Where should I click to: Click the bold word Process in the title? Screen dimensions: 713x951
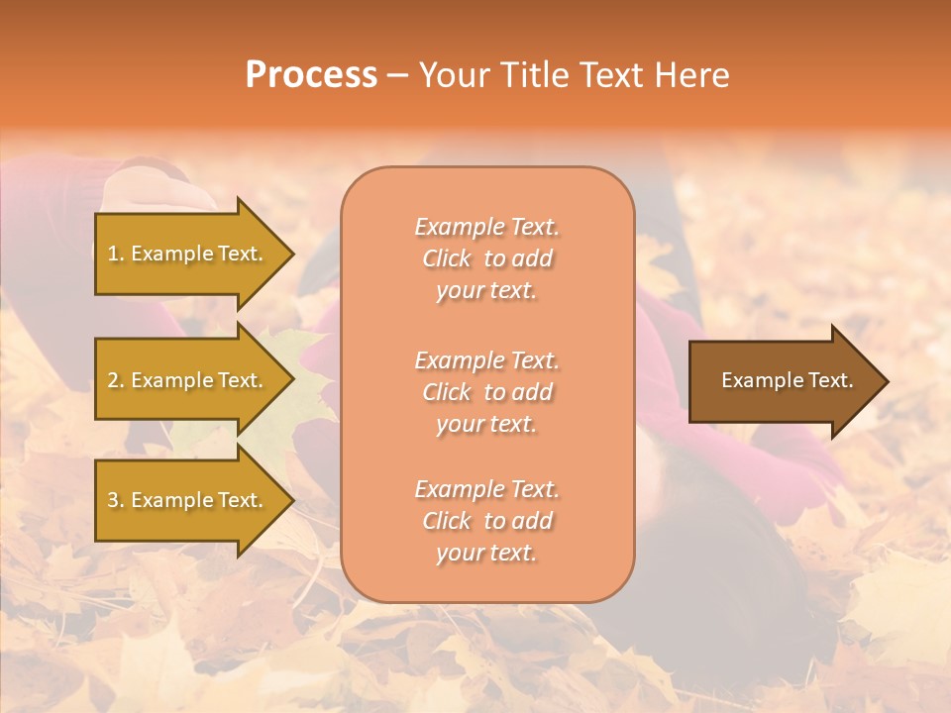click(311, 75)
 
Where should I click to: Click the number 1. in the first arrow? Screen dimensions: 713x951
click(115, 254)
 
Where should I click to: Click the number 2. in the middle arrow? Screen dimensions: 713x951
click(116, 380)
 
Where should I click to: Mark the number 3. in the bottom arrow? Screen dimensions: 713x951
click(116, 500)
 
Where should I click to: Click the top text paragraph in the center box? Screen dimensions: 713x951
click(486, 258)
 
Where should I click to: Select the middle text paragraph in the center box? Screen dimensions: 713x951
click(486, 392)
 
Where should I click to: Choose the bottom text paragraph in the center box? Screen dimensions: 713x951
click(486, 521)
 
